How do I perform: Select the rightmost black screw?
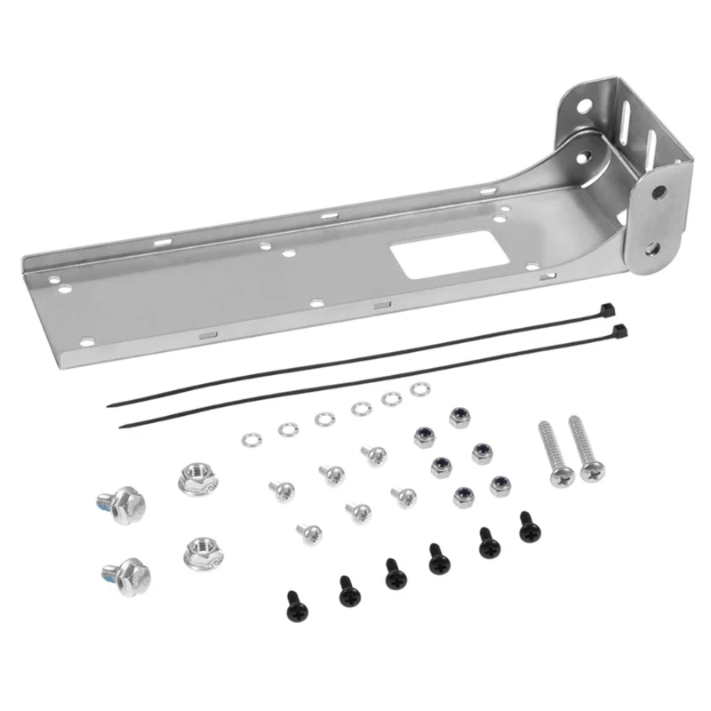[530, 526]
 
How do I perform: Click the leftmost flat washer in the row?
[250, 440]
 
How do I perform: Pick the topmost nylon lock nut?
[459, 417]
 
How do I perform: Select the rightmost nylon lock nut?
[500, 485]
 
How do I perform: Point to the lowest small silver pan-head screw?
[309, 533]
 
